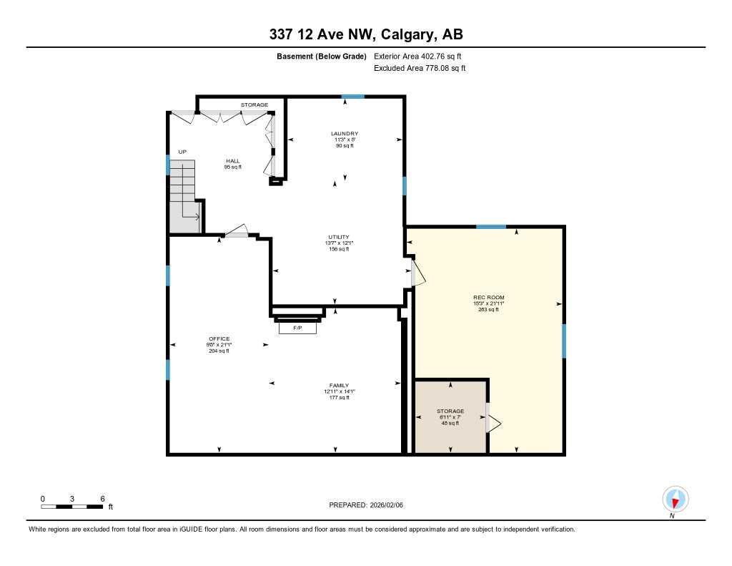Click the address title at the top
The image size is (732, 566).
[x=365, y=34]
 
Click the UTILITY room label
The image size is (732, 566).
[x=339, y=243]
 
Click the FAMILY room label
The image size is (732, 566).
[x=339, y=391]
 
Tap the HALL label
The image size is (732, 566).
[x=233, y=164]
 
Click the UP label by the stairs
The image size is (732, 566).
[x=182, y=152]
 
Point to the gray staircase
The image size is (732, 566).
[x=183, y=197]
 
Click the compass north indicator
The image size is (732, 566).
[x=675, y=499]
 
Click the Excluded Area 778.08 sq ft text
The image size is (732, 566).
[x=420, y=69]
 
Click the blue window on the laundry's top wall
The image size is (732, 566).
[x=352, y=97]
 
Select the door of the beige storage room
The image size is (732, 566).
[x=493, y=418]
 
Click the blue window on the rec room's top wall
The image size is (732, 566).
[x=491, y=227]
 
